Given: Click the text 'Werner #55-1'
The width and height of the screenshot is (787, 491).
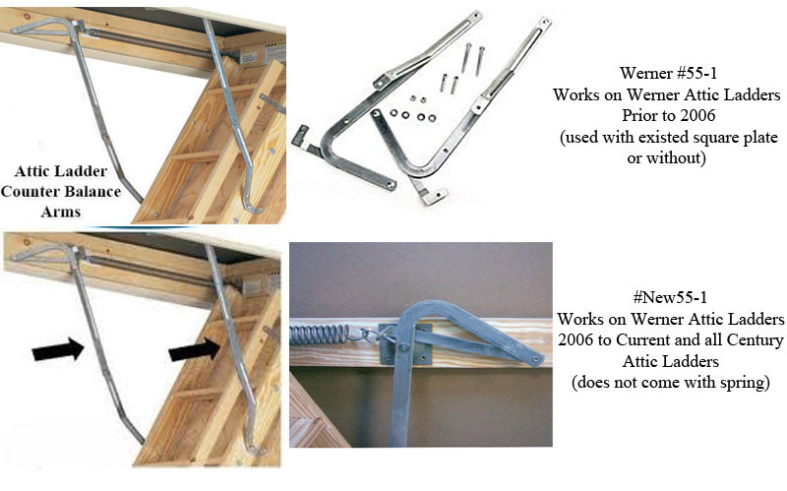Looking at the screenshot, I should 666,74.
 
